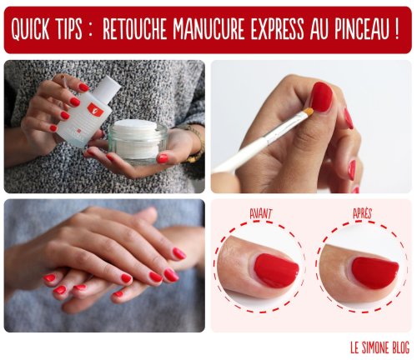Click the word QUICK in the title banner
(x=28, y=29)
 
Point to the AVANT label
(x=260, y=214)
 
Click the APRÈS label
(x=362, y=213)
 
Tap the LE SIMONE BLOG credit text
(x=379, y=347)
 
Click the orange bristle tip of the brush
(x=309, y=112)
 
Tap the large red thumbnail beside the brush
(x=321, y=97)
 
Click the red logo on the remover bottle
(x=96, y=110)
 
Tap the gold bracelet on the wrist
(x=196, y=143)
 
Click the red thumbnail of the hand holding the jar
(x=163, y=158)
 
